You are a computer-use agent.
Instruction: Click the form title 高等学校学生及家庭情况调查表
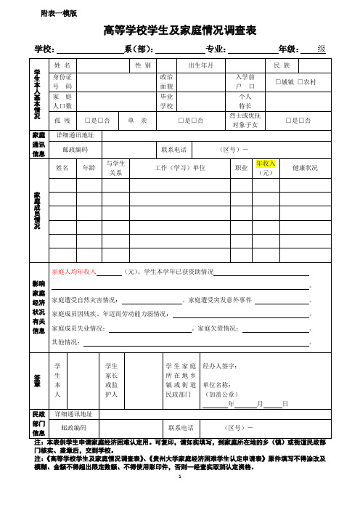click(181, 30)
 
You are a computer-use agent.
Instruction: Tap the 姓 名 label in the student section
click(62, 65)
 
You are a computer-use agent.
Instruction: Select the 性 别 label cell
click(142, 65)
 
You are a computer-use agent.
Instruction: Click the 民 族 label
click(282, 65)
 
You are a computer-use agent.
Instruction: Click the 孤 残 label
click(62, 119)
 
